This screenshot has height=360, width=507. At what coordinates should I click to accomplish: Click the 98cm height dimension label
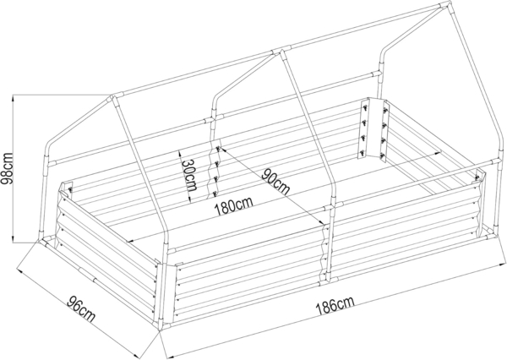pos(7,168)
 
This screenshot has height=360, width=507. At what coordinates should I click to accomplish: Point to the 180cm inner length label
pos(233,206)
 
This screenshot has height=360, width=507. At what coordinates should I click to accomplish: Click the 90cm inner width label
pos(275,181)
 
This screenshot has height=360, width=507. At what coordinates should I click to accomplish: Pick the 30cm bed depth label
pos(189,175)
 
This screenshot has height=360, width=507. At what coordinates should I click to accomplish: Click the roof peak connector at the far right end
pos(445,6)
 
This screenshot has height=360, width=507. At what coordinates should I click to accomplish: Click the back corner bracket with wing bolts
pos(373,128)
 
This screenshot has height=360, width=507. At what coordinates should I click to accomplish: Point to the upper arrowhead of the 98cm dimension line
pos(13,97)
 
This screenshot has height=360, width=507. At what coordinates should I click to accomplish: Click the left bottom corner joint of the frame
pos(44,242)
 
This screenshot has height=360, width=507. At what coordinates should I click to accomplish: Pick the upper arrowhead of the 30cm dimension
pos(178,153)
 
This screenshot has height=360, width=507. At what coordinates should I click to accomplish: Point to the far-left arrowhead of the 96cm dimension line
pos(19,270)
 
